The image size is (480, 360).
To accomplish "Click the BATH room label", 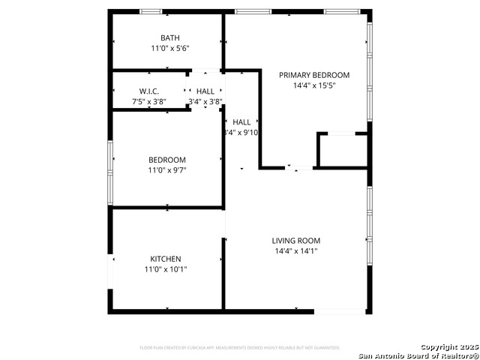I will click(x=169, y=38).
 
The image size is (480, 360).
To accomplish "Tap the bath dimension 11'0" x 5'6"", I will click(x=169, y=49).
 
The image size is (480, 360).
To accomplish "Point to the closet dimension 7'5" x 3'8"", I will click(x=149, y=101).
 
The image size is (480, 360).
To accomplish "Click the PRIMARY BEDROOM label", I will click(x=314, y=75).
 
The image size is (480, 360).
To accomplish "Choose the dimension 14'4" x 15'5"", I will click(x=314, y=85).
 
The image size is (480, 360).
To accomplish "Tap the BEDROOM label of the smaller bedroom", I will click(x=167, y=160).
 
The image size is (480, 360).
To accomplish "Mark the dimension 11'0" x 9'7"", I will click(x=167, y=170).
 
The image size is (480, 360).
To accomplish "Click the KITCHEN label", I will click(x=166, y=259).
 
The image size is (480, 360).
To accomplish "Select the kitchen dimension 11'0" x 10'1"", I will click(x=166, y=269).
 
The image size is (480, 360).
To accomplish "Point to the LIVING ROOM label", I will click(x=295, y=241).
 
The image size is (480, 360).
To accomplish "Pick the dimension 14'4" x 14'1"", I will click(x=295, y=251).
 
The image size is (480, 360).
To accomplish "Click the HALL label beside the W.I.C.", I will click(x=205, y=91).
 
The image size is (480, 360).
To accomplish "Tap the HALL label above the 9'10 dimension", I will click(x=241, y=122).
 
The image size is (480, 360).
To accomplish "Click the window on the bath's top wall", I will click(x=151, y=11).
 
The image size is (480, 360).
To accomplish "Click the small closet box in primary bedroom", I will click(x=342, y=150).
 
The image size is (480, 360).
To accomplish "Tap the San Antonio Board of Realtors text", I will click(x=417, y=355).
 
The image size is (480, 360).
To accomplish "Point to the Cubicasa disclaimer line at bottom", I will click(x=240, y=348).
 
